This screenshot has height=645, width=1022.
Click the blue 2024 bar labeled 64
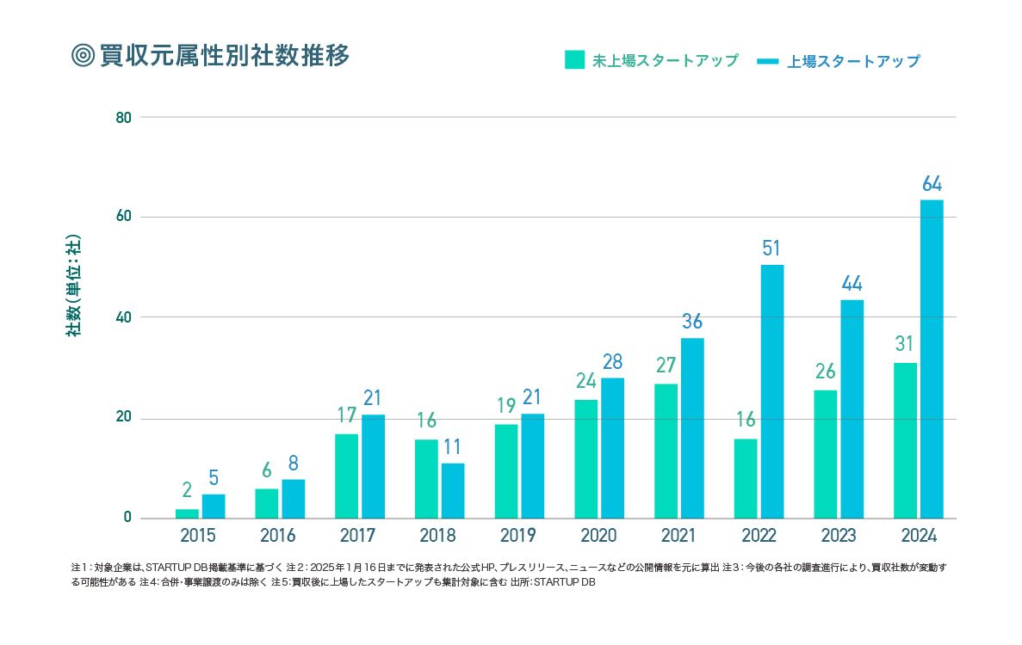[932, 359]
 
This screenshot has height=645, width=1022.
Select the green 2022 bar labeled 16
[746, 479]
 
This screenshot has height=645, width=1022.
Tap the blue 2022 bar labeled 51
[772, 391]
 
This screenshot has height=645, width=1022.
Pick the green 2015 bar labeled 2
[187, 513]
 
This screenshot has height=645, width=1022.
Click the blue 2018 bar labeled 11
[453, 491]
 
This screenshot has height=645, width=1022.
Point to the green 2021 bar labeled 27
[666, 451]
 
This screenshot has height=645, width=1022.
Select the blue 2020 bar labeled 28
[612, 448]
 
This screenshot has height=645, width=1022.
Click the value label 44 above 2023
[852, 284]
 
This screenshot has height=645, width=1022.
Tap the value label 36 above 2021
[692, 322]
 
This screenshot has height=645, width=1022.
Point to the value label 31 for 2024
[904, 344]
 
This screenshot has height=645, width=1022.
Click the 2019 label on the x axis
[517, 536]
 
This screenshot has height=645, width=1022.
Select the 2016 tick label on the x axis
[277, 536]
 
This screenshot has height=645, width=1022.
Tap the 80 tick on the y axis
[123, 117]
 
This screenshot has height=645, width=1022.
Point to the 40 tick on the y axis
[123, 317]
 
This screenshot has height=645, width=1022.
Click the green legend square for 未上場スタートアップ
[574, 60]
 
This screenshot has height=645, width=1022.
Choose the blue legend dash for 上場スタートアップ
[768, 61]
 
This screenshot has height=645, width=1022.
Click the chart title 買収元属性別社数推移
[225, 55]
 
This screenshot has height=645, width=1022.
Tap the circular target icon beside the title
[83, 55]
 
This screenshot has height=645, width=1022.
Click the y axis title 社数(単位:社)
[75, 285]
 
